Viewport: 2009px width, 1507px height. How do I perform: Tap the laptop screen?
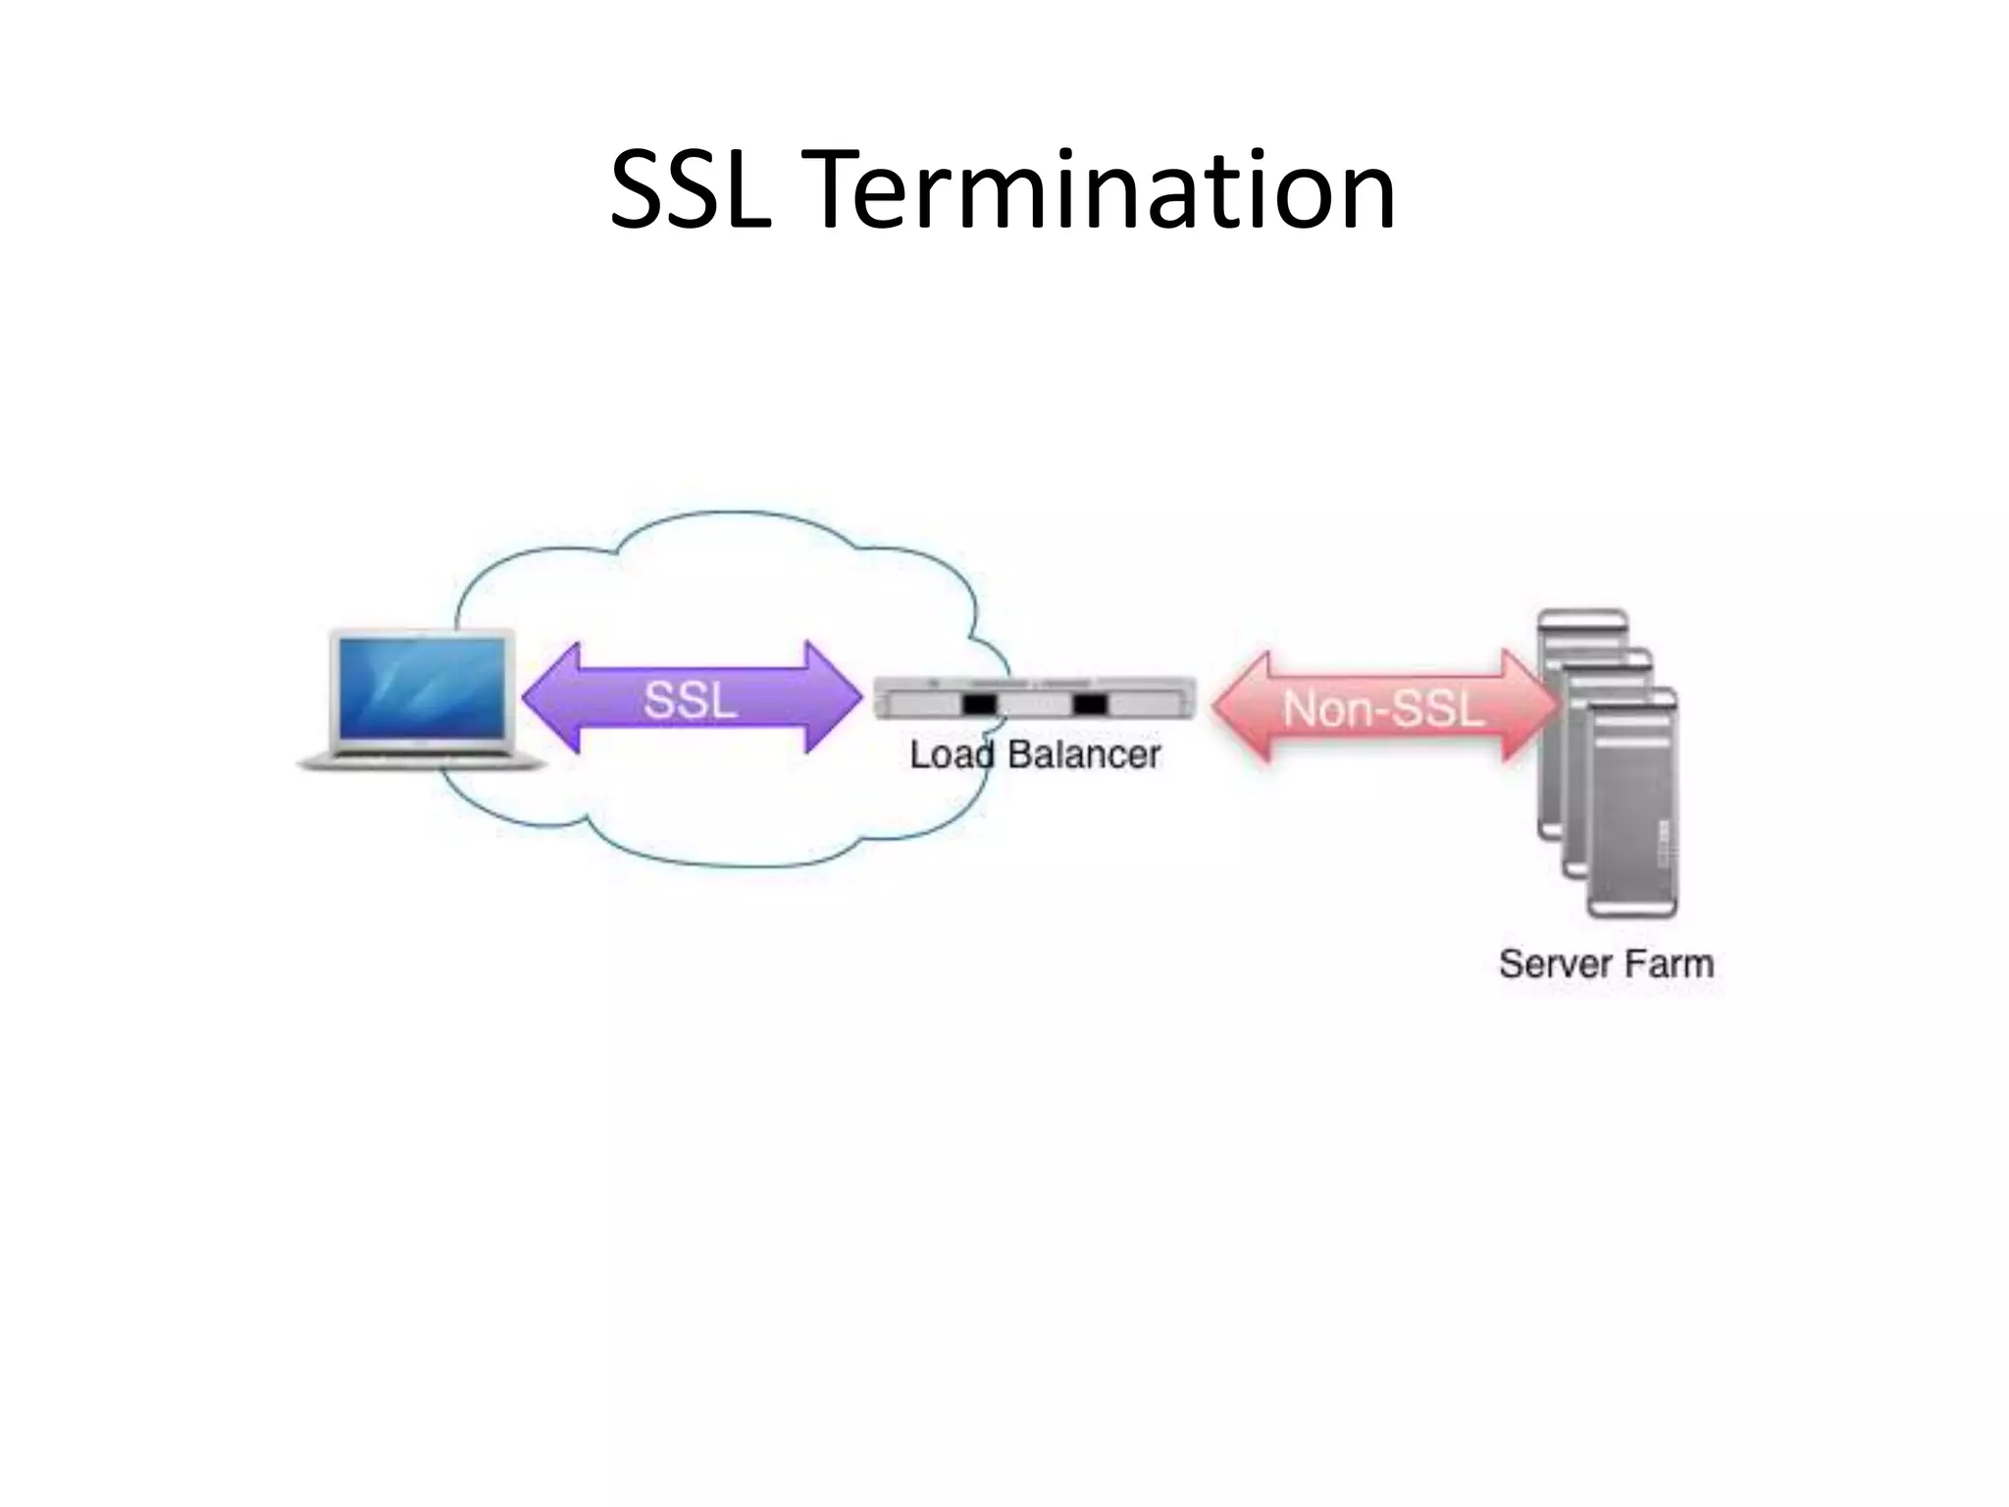coord(424,687)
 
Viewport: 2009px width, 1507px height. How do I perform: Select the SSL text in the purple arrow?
coord(690,700)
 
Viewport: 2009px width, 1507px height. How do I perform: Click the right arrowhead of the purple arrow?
coord(834,698)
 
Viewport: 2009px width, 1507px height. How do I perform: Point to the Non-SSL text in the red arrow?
coord(1383,708)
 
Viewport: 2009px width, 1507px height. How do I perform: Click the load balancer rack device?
coord(1035,699)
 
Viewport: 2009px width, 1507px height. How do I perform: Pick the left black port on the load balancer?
coord(978,703)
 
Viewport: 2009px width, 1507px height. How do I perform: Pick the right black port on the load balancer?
coord(1089,703)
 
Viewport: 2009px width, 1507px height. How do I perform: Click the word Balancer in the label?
coord(1084,754)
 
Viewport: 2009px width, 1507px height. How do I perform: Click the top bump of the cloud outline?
coord(731,514)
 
